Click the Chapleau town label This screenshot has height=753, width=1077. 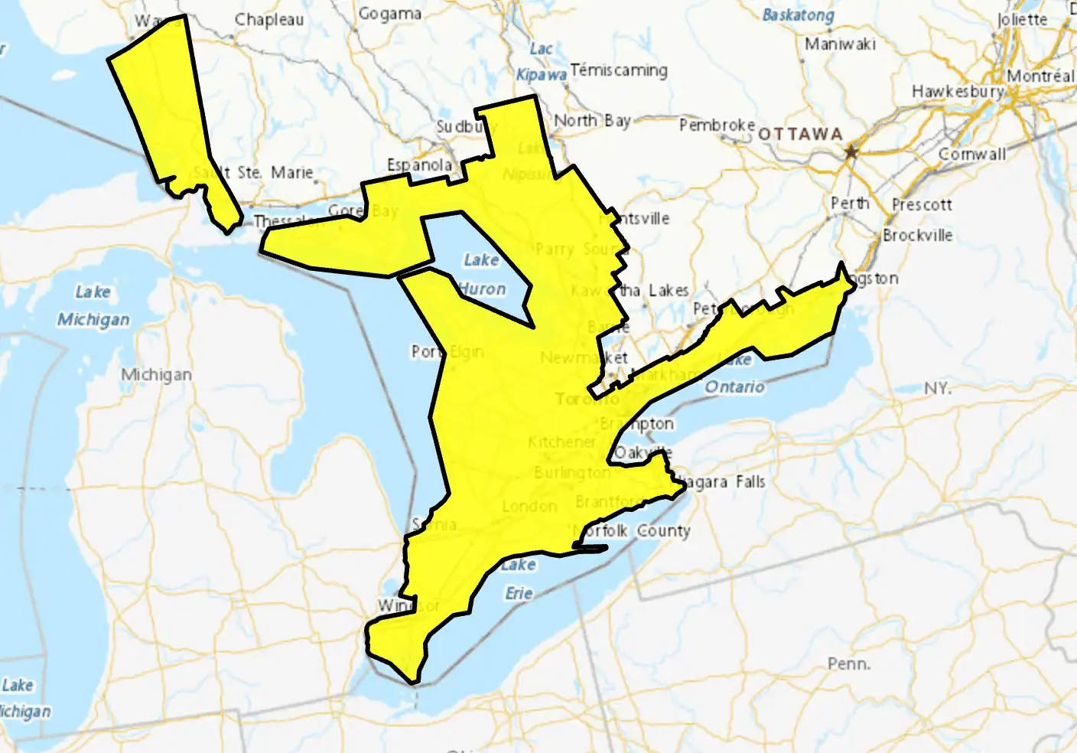(x=268, y=20)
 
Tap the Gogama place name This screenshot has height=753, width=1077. (x=390, y=14)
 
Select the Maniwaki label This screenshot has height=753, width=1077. (x=840, y=44)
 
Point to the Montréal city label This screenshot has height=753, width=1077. (x=1040, y=76)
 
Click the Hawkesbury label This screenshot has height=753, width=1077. (x=957, y=91)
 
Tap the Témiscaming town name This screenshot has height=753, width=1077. (x=618, y=70)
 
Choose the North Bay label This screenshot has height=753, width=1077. (x=592, y=120)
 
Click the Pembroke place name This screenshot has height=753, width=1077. (x=717, y=125)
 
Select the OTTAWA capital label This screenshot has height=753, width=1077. (x=800, y=135)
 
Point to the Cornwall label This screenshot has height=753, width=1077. (x=972, y=154)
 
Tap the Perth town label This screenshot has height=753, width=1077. (x=850, y=204)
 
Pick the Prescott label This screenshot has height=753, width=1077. (x=922, y=205)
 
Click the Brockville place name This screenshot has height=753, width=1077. (x=917, y=235)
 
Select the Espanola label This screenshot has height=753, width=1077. (x=419, y=165)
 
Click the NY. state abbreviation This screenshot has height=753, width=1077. (x=937, y=388)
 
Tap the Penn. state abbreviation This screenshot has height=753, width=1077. (x=848, y=663)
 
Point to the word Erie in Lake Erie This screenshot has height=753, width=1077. (x=519, y=593)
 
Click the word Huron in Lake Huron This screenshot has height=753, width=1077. (x=483, y=288)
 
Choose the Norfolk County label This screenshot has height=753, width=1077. (x=632, y=530)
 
